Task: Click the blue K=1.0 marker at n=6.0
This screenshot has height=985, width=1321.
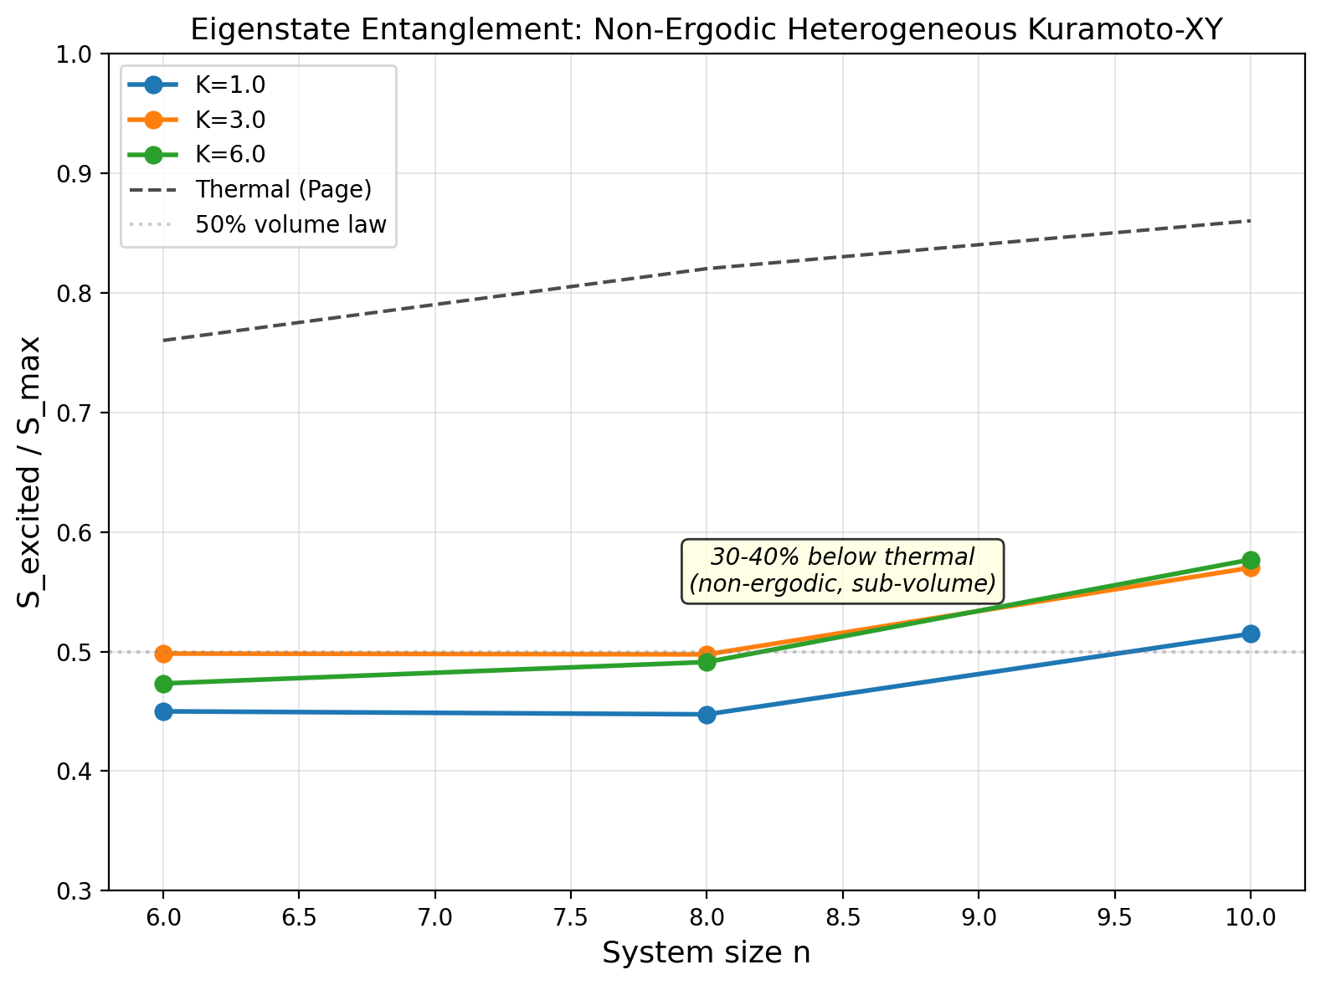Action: [163, 711]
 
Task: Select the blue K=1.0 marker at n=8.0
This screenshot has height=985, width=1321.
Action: [707, 715]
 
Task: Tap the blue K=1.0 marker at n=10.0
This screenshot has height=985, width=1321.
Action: [1251, 634]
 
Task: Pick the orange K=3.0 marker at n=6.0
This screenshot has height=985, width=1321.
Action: [163, 653]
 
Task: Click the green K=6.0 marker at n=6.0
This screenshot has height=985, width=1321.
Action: [163, 684]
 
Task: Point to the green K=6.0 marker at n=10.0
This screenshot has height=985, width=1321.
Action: [1251, 560]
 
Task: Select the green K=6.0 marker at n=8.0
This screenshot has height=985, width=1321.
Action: [707, 662]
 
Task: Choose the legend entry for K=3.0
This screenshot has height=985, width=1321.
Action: [230, 120]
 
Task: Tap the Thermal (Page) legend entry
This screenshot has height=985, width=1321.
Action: [283, 189]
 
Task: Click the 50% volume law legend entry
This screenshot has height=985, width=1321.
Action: [290, 224]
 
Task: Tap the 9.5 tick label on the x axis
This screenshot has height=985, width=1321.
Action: [1114, 918]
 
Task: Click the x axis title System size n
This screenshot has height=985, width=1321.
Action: [706, 953]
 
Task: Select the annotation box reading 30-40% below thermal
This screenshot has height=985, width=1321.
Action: [842, 570]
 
